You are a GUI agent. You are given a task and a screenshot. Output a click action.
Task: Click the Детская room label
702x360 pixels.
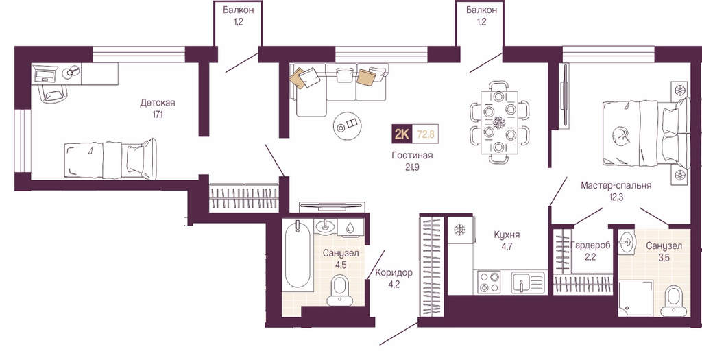(x=157, y=103)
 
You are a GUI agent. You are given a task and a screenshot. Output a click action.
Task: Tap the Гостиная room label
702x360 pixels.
(x=412, y=156)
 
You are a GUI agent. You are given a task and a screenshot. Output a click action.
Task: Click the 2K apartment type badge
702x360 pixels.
(x=402, y=134)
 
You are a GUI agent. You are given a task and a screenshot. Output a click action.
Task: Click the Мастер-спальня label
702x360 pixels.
(x=616, y=185)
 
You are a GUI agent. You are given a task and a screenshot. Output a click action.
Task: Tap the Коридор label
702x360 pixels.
(x=394, y=273)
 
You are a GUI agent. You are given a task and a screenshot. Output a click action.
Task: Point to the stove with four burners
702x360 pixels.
(x=489, y=282)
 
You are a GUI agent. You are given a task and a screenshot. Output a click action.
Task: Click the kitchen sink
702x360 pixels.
(x=529, y=282)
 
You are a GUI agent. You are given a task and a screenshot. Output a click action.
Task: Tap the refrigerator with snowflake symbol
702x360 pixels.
(x=461, y=230)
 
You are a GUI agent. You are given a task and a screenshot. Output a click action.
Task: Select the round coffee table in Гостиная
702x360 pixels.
(x=348, y=125)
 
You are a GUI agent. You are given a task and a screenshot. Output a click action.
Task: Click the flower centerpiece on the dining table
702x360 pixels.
(x=499, y=122)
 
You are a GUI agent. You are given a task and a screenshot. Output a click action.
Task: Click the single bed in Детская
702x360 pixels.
(x=110, y=159)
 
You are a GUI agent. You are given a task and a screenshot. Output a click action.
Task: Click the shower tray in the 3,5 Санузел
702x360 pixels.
(x=636, y=298)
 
